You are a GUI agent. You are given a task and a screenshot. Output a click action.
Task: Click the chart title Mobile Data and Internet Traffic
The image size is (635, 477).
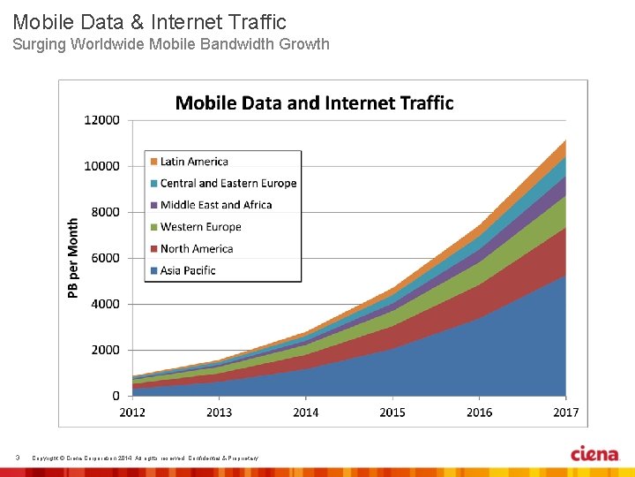pyautogui.click(x=314, y=103)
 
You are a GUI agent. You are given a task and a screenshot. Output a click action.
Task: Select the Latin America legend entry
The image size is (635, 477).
pyautogui.click(x=193, y=162)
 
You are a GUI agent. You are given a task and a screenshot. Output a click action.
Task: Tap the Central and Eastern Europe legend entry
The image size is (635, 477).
pyautogui.click(x=228, y=183)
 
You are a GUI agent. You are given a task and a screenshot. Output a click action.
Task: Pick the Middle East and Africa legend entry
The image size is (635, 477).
pyautogui.click(x=215, y=205)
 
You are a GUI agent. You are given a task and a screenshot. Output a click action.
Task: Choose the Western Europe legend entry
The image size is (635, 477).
pyautogui.click(x=200, y=227)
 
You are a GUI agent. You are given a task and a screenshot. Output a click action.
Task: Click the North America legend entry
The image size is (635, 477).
pyautogui.click(x=196, y=249)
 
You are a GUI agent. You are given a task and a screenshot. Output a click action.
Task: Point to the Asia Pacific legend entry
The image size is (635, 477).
pyautogui.click(x=187, y=270)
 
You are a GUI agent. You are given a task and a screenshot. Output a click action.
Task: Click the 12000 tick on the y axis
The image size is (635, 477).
pyautogui.click(x=102, y=120)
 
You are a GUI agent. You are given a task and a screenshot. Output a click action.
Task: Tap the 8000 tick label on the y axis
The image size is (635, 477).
pyautogui.click(x=105, y=212)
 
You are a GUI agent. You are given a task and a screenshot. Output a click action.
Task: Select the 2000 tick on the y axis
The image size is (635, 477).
pyautogui.click(x=105, y=350)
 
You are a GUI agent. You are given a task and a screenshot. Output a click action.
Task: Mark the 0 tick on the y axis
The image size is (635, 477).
pyautogui.click(x=116, y=396)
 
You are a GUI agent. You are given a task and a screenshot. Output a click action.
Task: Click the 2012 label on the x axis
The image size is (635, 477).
pyautogui.click(x=133, y=412)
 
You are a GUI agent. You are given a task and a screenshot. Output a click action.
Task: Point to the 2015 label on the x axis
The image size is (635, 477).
pyautogui.click(x=392, y=412)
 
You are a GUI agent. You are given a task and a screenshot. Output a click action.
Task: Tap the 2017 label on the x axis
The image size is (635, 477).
pyautogui.click(x=565, y=412)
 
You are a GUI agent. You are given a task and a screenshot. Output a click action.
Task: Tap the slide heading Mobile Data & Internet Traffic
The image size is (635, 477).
pyautogui.click(x=149, y=21)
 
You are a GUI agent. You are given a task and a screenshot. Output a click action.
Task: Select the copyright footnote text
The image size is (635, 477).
pyautogui.click(x=146, y=458)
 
